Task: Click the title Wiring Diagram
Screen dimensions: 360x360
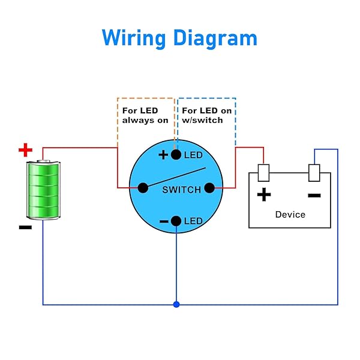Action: pos(179,38)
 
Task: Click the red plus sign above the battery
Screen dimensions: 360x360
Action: pos(25,149)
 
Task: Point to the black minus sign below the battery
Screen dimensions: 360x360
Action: pos(25,227)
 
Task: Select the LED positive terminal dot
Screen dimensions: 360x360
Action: pos(176,155)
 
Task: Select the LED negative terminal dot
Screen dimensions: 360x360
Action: pos(176,221)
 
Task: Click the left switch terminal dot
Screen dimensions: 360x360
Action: pos(143,188)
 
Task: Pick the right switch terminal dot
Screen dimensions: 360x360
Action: pos(209,188)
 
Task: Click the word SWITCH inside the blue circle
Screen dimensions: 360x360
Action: pos(182,190)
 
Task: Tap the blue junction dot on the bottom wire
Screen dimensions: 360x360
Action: pos(176,305)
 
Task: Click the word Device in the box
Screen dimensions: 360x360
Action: pos(290,214)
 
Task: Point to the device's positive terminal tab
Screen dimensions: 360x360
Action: pos(263,172)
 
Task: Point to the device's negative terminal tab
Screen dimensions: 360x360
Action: pos(314,172)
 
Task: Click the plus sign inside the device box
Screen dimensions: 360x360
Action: pos(263,194)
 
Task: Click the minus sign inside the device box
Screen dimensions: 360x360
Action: pos(314,195)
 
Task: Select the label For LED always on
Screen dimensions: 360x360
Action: pos(145,115)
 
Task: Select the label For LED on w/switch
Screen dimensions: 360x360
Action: pos(206,115)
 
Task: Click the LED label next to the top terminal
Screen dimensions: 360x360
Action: pos(193,155)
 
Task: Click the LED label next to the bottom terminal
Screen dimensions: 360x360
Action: pos(193,221)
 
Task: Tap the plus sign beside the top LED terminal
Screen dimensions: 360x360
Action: pos(163,155)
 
